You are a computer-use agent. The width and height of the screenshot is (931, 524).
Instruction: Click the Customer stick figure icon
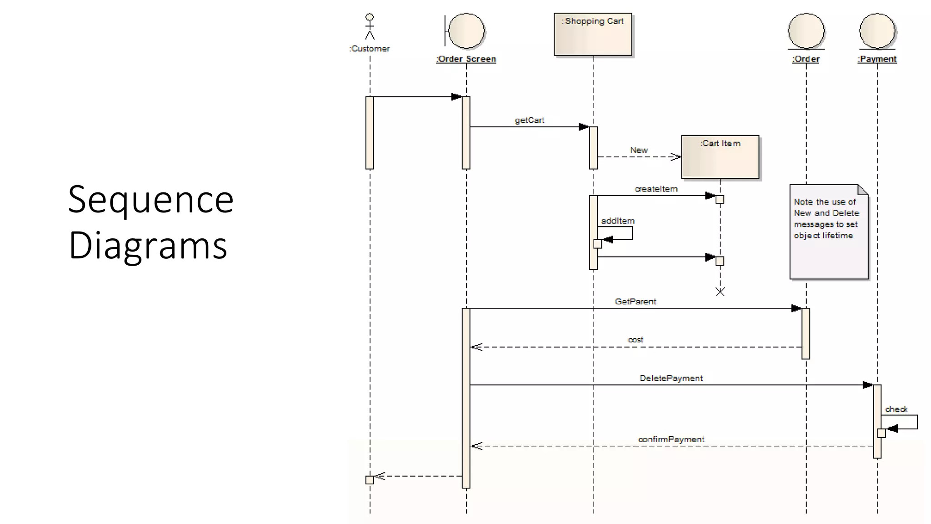[370, 26]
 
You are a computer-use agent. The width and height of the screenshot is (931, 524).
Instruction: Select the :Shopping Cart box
[593, 35]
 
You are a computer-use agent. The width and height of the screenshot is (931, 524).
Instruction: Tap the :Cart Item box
[720, 157]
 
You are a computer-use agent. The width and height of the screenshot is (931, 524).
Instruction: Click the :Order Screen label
[466, 59]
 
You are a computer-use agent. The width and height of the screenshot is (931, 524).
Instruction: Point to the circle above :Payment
[877, 31]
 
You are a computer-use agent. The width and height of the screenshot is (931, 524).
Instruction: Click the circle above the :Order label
[806, 31]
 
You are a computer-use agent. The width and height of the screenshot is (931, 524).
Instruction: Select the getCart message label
[529, 120]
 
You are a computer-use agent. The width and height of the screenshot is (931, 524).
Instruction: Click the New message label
[639, 150]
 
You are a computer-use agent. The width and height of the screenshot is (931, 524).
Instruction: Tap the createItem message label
[656, 189]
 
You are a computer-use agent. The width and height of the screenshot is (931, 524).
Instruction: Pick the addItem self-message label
[618, 221]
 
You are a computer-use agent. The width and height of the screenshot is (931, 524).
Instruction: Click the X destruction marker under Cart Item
[720, 292]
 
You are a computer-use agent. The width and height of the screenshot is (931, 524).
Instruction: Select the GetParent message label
[636, 302]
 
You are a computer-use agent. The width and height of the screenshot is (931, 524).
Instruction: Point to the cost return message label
[636, 340]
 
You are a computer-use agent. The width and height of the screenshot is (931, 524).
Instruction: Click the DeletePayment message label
[671, 378]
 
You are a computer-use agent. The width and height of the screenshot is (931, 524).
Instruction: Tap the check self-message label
[896, 409]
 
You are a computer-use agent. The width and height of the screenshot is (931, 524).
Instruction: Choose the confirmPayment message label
[671, 439]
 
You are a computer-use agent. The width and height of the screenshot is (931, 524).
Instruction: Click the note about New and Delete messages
[829, 232]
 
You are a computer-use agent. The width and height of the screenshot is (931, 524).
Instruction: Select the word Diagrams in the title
[148, 246]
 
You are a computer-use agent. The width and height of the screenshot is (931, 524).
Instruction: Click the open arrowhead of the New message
[676, 157]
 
